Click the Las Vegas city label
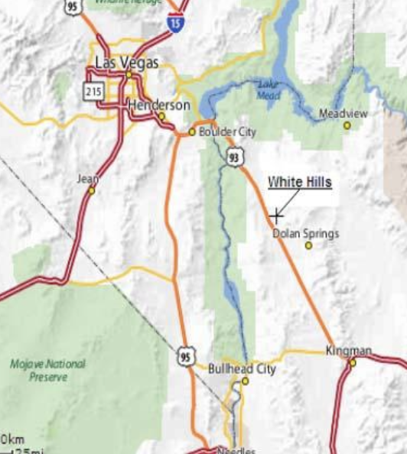pos(127,61)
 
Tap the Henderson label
pos(159,104)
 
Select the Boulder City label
pos(227,131)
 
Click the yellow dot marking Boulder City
pos(192,131)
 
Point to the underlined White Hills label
pos(299,182)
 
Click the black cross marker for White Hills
pos(276,216)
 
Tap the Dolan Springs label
pos(305,233)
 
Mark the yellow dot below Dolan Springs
pos(309,246)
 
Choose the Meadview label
pos(343,113)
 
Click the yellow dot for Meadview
pos(347,125)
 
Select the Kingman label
pos(348,351)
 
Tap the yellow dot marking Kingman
pos(353,362)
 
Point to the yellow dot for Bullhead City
pos(246,381)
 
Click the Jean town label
pos(88,178)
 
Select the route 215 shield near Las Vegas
pos(93,91)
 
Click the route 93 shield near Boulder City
pos(233,157)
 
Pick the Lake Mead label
pos(269,89)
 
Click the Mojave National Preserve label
pos(47,370)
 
